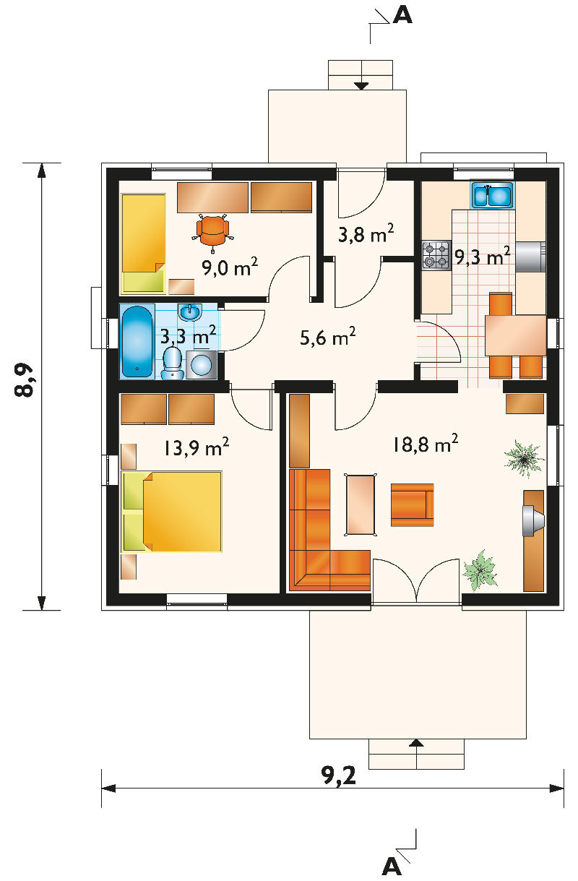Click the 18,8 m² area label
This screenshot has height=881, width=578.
pyautogui.click(x=426, y=444)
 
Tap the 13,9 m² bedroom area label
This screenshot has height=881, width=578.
pyautogui.click(x=196, y=447)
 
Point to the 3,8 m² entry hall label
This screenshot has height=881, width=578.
pyautogui.click(x=366, y=234)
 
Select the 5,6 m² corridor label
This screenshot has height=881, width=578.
pyautogui.click(x=327, y=337)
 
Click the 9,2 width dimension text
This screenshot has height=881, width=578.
pyautogui.click(x=339, y=775)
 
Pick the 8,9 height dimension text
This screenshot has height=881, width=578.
pyautogui.click(x=23, y=381)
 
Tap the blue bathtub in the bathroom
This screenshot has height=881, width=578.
pyautogui.click(x=137, y=341)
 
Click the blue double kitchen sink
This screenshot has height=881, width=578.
pyautogui.click(x=492, y=194)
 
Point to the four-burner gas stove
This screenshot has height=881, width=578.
pyautogui.click(x=436, y=255)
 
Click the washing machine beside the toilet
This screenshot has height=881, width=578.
pyautogui.click(x=201, y=365)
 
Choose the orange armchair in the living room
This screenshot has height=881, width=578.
pyautogui.click(x=412, y=505)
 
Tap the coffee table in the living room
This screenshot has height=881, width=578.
pyautogui.click(x=360, y=505)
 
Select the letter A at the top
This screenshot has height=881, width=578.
pyautogui.click(x=402, y=16)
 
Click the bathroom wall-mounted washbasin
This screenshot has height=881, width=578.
pyautogui.click(x=190, y=312)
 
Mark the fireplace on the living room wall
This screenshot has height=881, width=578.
pyautogui.click(x=534, y=521)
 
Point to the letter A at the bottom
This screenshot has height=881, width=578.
pyautogui.click(x=392, y=866)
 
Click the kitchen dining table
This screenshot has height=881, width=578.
pyautogui.click(x=515, y=335)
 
